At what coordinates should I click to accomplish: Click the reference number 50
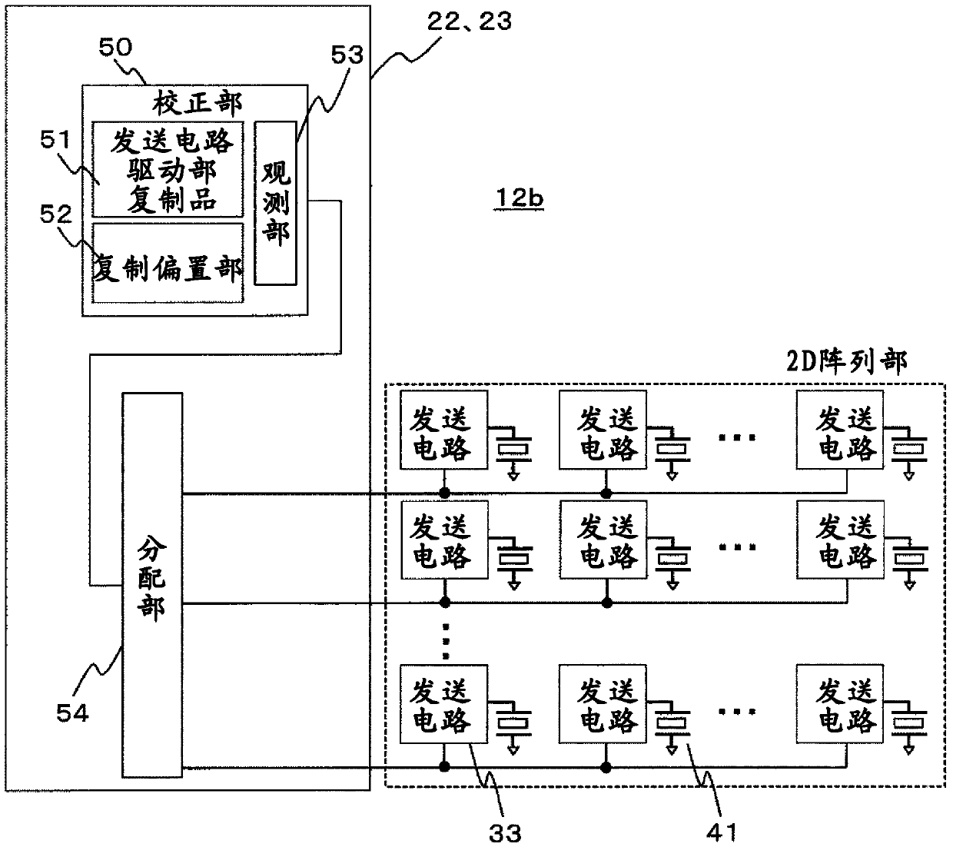point(116,48)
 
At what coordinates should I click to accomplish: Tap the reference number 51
point(55,139)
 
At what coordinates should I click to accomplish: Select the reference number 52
point(56,214)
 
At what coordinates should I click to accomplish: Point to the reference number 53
point(347,55)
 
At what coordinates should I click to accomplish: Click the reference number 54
point(72,713)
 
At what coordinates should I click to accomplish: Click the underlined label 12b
point(520,198)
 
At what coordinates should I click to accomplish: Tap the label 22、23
point(469,22)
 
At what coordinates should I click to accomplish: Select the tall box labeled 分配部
point(152,585)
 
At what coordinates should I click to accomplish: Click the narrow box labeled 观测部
point(276,203)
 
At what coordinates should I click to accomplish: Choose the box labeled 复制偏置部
point(168,263)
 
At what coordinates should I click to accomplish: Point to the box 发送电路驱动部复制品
point(168,169)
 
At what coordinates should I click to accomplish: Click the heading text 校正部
point(197,103)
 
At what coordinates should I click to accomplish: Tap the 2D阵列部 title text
point(847,362)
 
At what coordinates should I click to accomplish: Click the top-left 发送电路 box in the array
point(443,430)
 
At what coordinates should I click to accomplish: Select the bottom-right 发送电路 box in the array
point(839,704)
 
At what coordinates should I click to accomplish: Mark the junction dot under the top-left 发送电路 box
point(444,493)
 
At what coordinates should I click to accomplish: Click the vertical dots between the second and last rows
point(446,641)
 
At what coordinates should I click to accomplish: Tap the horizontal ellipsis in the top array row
point(737,437)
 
